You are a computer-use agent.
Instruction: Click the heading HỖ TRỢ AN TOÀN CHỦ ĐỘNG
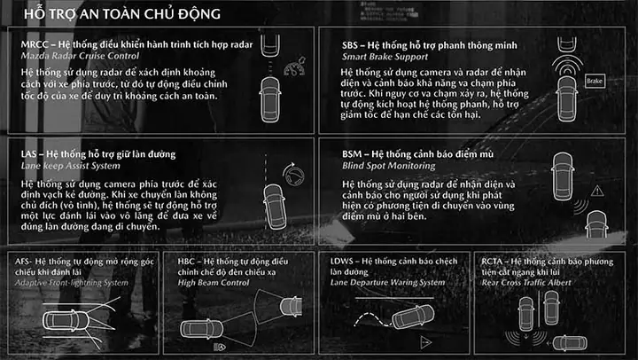122,13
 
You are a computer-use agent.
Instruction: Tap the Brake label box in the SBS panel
594,81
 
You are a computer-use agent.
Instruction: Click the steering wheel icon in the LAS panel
294,175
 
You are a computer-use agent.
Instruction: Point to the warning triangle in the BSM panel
597,191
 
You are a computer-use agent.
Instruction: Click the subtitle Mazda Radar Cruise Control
80,56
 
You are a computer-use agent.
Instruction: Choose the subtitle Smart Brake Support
385,57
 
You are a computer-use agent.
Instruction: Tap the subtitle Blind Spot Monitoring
389,166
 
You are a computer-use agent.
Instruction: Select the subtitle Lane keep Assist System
70,166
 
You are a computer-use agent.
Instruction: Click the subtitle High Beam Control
214,283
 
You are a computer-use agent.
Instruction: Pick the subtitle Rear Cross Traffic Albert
526,283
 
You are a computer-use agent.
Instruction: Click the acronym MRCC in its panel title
35,44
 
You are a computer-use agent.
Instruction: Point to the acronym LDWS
342,261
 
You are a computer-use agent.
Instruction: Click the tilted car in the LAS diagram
274,207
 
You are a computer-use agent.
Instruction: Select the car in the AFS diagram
66,320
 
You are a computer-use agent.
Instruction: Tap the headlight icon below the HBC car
220,347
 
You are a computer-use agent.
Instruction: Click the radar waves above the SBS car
567,65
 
